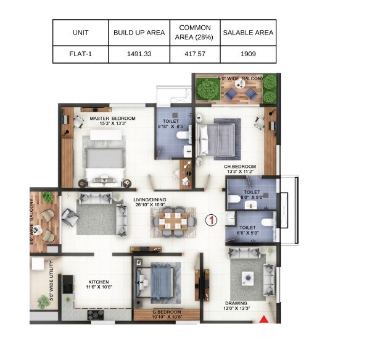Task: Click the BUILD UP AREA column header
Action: click(139, 33)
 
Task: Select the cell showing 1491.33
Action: click(139, 54)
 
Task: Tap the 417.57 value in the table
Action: click(194, 54)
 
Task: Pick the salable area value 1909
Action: click(248, 54)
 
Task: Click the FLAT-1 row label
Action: click(80, 54)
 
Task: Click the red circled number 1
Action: click(210, 220)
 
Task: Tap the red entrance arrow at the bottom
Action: click(265, 319)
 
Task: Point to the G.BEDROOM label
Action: click(167, 312)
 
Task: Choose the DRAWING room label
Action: click(236, 303)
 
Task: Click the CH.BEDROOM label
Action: click(240, 167)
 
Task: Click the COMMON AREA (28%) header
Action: click(194, 33)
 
